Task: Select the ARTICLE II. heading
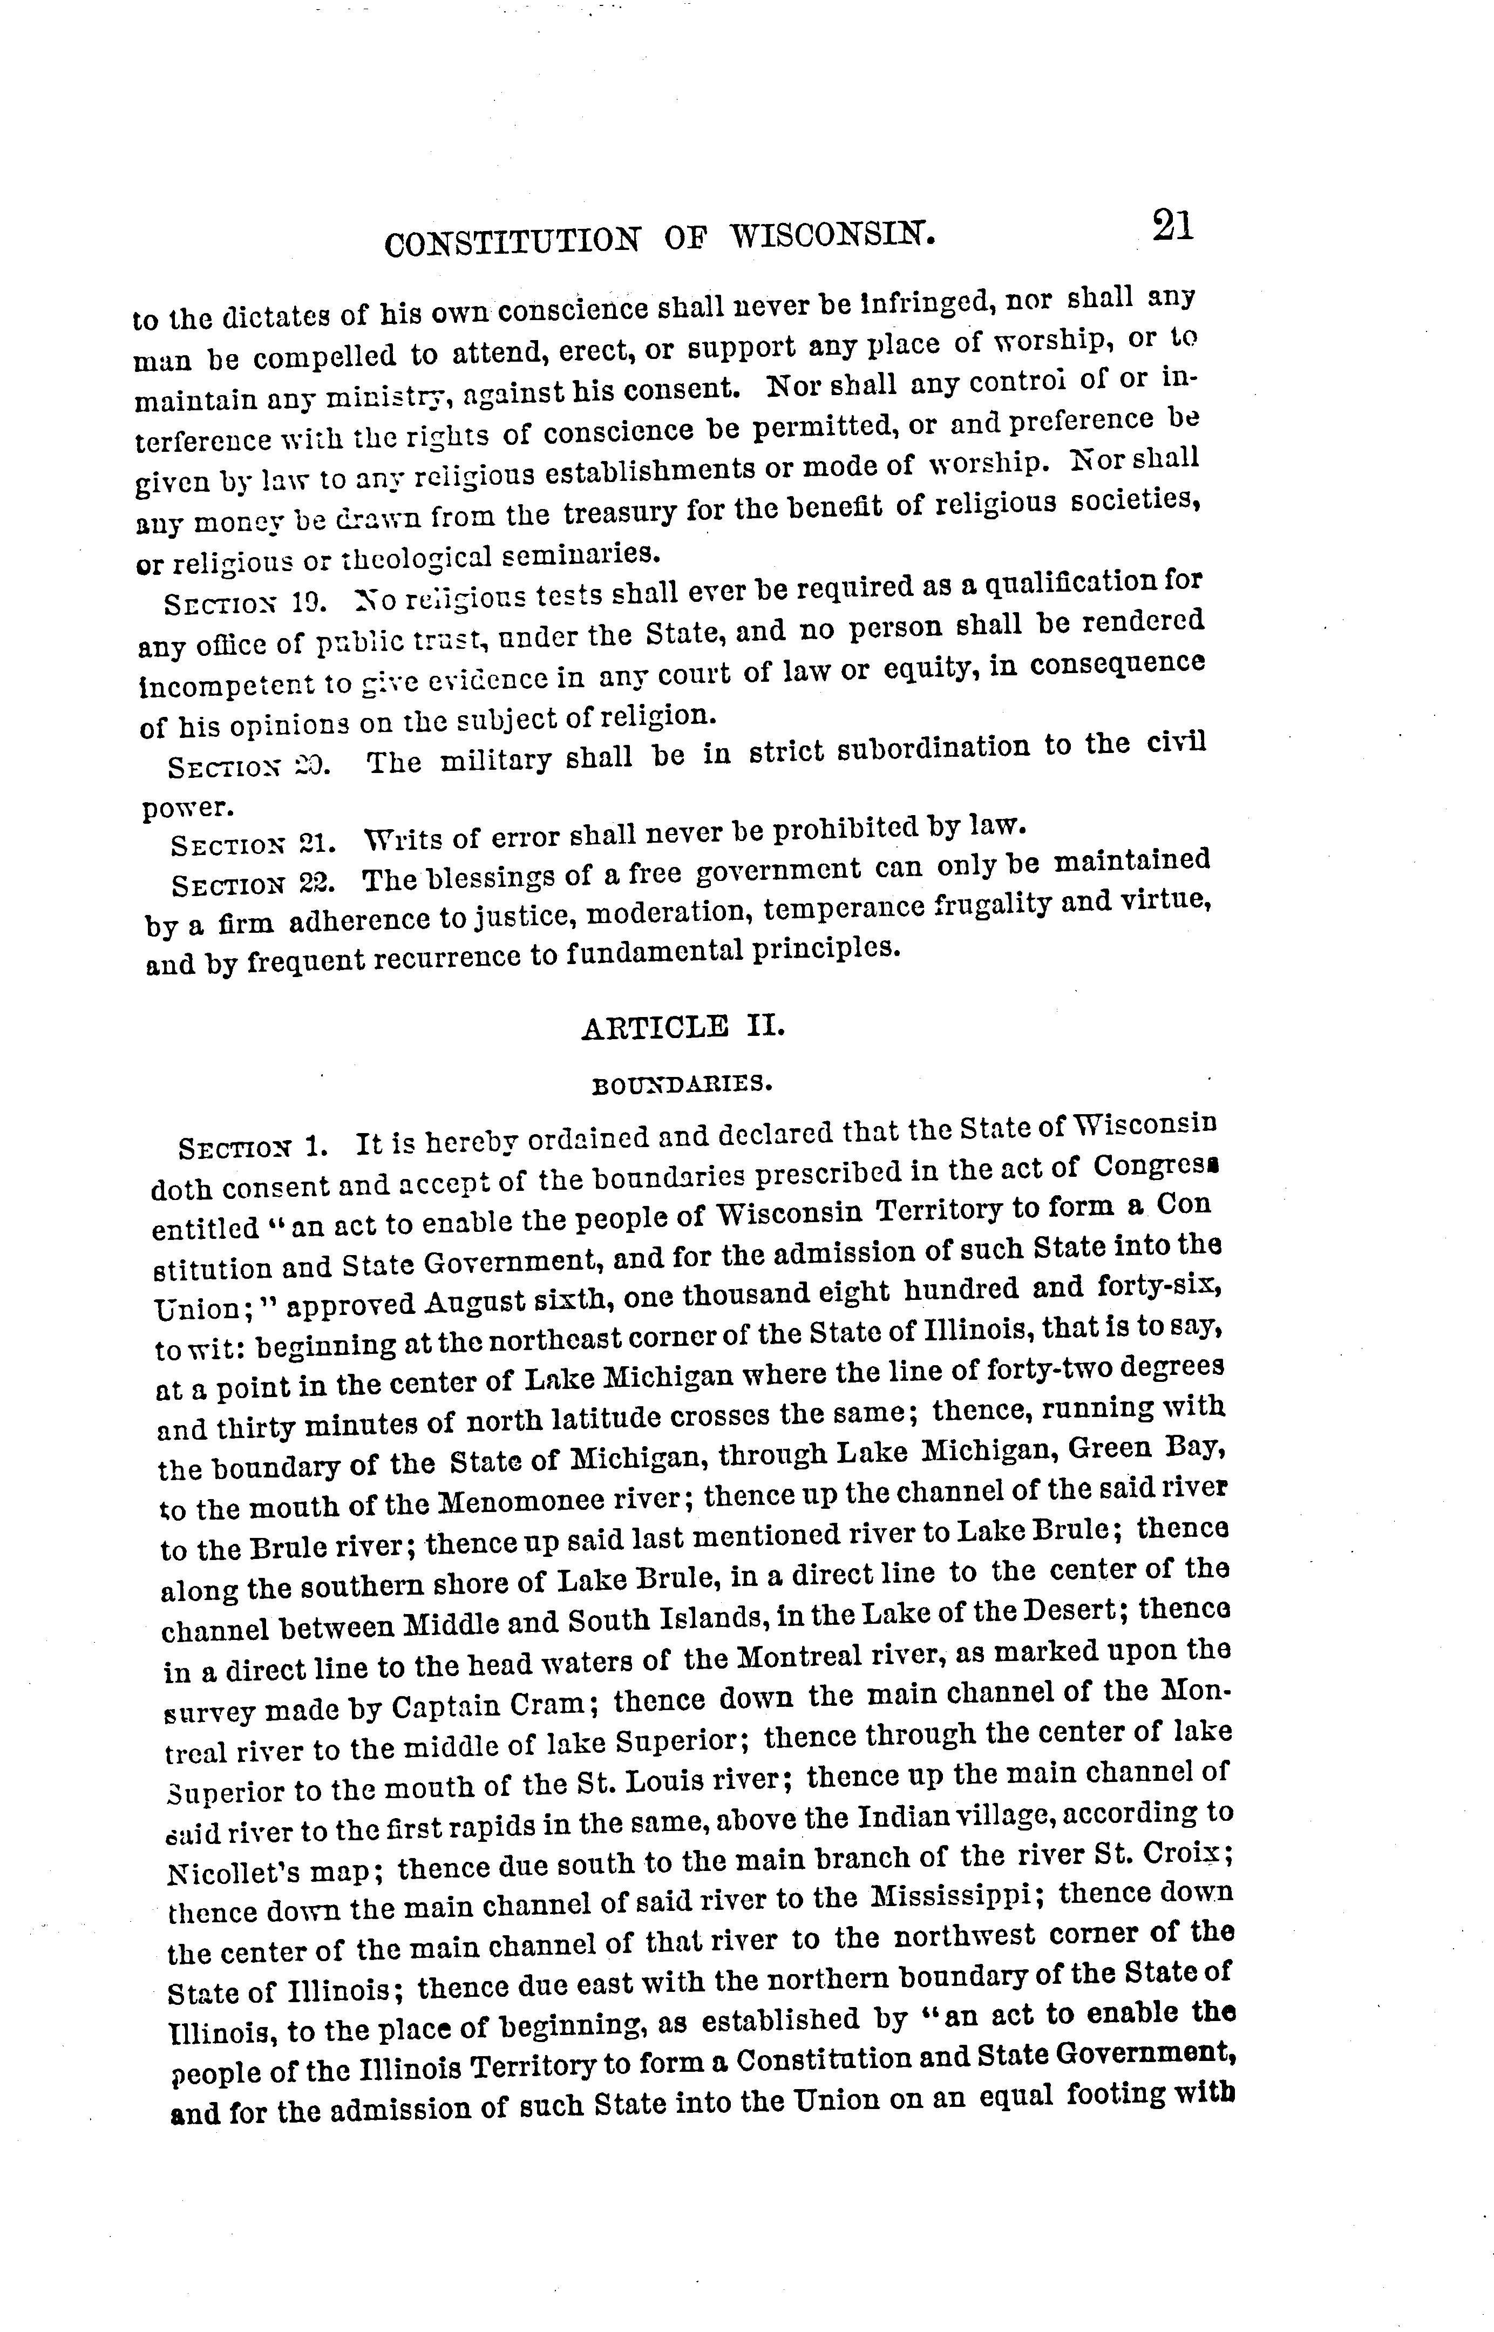click(x=682, y=1026)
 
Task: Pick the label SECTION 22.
click(x=252, y=885)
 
